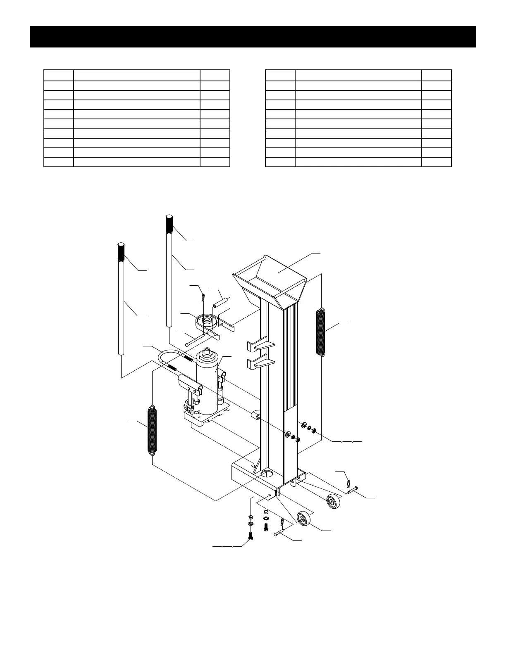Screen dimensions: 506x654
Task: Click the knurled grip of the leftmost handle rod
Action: point(121,251)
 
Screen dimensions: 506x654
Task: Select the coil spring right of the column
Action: point(321,332)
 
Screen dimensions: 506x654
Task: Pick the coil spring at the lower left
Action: point(153,431)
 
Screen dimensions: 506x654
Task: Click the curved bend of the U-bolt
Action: point(165,355)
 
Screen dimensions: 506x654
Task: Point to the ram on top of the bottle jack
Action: point(208,355)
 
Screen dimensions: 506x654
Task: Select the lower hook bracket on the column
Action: point(259,364)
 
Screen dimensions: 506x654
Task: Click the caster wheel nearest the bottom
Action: point(304,518)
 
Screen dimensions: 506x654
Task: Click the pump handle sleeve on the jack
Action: point(189,383)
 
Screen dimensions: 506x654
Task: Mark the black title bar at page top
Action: point(253,37)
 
